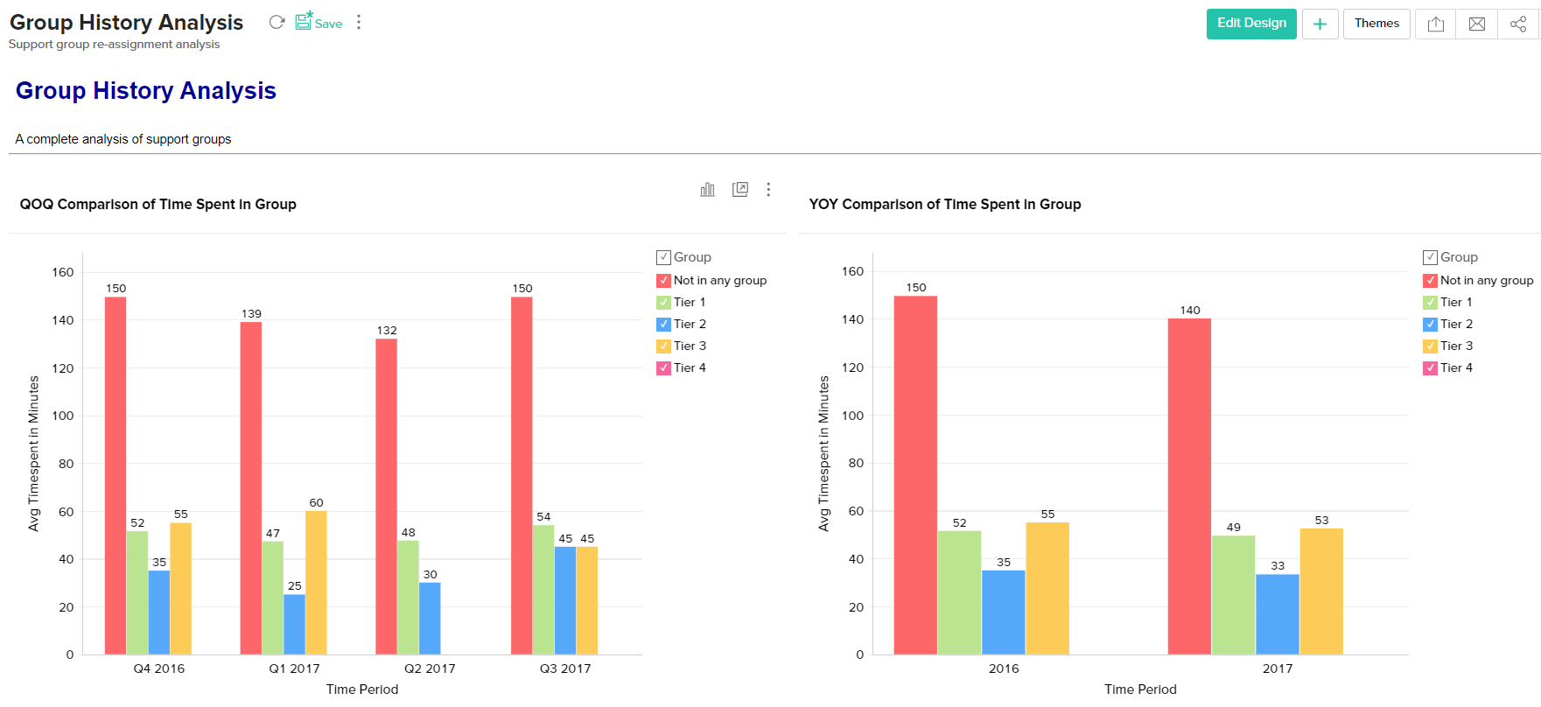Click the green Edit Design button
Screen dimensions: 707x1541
(x=1250, y=24)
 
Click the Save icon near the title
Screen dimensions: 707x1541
(x=304, y=22)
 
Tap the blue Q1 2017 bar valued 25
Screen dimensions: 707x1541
(x=294, y=624)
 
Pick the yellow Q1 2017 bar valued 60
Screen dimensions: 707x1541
(x=316, y=582)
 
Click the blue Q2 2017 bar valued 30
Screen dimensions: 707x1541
(x=430, y=618)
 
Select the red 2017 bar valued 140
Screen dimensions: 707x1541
(x=1189, y=486)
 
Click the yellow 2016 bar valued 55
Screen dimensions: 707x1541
(x=1047, y=588)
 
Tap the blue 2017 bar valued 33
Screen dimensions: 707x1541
(x=1278, y=613)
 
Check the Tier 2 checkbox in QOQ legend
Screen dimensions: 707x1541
(x=663, y=325)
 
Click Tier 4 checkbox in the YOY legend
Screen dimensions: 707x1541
(x=1430, y=368)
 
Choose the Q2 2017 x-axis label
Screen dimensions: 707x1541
(x=430, y=668)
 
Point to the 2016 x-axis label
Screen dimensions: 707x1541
(x=1004, y=668)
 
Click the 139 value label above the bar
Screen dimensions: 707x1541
(x=251, y=313)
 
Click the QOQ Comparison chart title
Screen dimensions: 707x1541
(x=158, y=205)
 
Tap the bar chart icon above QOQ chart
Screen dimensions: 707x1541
(x=707, y=190)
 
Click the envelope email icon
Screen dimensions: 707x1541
(x=1477, y=24)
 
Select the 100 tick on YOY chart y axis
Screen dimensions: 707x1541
(x=852, y=416)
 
